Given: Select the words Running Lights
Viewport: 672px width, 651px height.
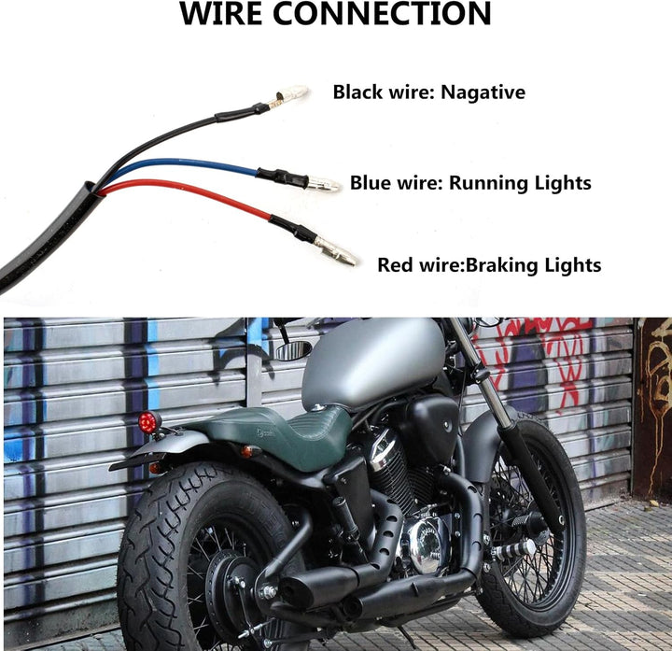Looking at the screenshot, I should pyautogui.click(x=520, y=183).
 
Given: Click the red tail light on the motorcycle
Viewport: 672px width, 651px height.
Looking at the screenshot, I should pyautogui.click(x=147, y=422).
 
